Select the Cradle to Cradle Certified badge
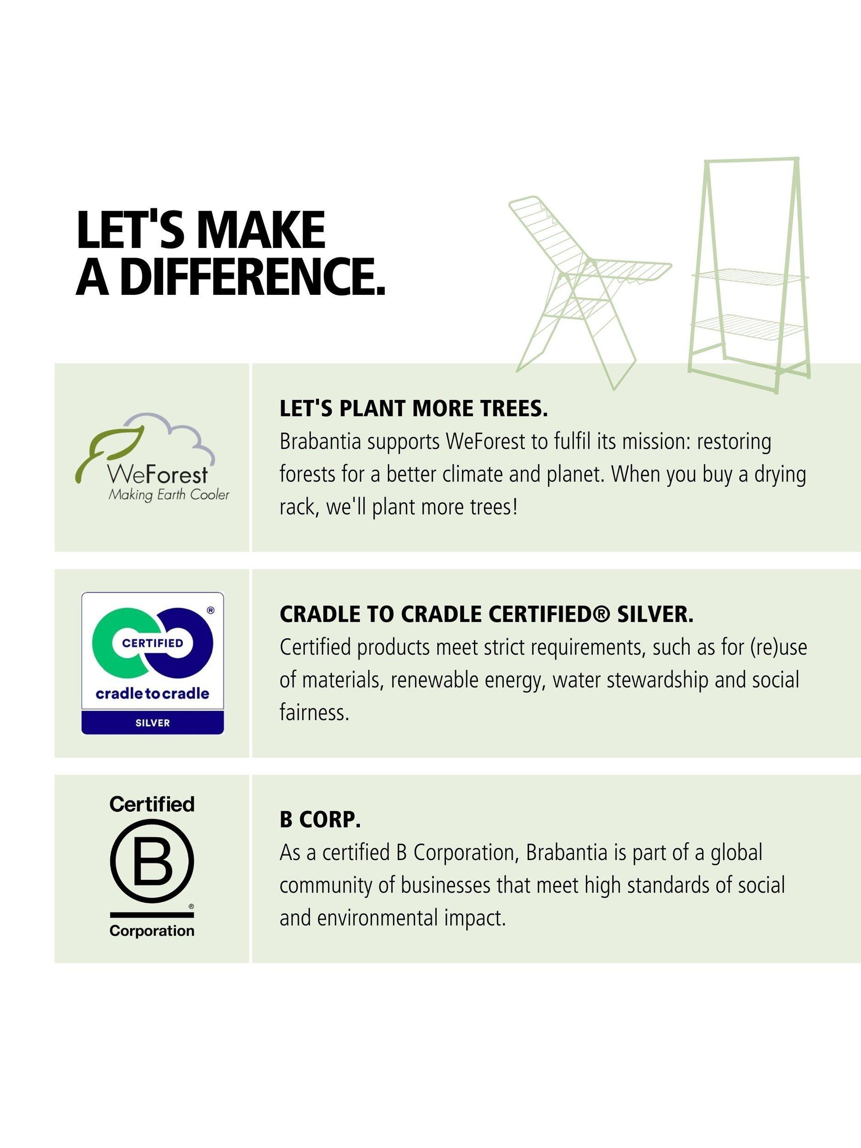[152, 663]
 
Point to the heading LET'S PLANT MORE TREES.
[414, 410]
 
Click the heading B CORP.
[320, 820]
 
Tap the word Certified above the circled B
[152, 805]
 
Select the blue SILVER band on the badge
[152, 723]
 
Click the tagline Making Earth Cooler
[168, 495]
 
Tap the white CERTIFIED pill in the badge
[152, 642]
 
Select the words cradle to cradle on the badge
[152, 693]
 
